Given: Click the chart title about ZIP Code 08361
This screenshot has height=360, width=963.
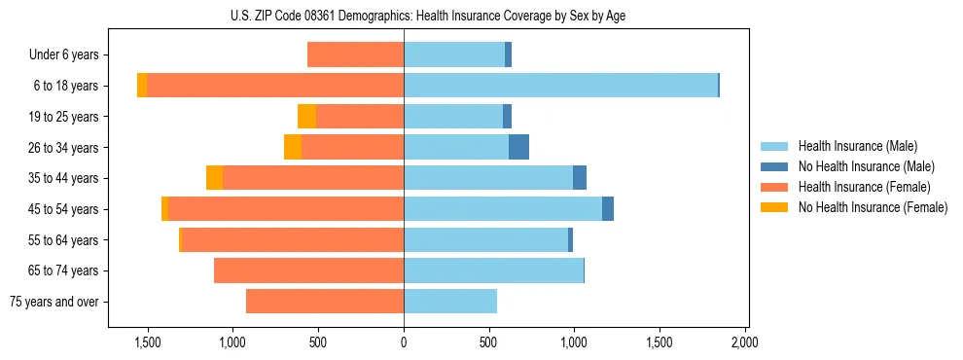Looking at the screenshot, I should [x=428, y=15].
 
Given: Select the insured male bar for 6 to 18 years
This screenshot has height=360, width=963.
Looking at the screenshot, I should [x=560, y=86].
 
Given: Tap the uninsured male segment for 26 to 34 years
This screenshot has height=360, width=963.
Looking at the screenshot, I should [x=518, y=147].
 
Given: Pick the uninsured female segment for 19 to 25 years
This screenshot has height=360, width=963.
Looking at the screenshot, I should [x=306, y=117].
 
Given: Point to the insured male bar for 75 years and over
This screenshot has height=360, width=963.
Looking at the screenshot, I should [x=450, y=302].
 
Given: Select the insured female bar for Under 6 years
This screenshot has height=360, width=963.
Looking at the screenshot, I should [x=355, y=54].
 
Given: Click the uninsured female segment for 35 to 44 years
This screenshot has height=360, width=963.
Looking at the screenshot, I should [x=214, y=178].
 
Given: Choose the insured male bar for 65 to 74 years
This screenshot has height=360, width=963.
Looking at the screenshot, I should [x=493, y=270].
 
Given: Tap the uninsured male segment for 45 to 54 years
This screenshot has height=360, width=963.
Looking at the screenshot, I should [x=608, y=209].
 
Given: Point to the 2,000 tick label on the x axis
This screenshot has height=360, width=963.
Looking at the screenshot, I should [x=745, y=342].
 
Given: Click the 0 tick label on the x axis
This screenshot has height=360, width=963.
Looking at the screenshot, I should [x=404, y=342].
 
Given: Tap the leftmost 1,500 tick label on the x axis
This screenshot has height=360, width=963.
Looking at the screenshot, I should [x=148, y=342].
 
